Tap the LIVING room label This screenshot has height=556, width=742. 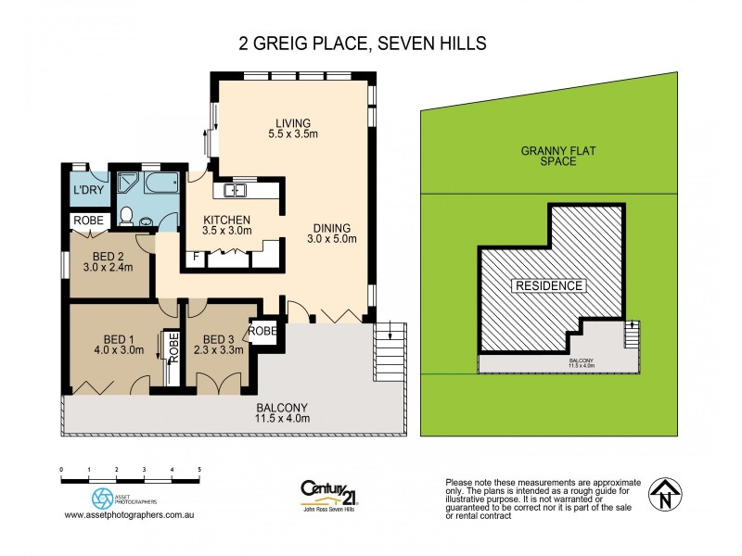coord(292,129)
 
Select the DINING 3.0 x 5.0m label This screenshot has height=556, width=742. coord(331,233)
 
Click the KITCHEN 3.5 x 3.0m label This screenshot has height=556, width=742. coord(228,225)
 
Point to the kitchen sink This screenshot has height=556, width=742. coord(233,191)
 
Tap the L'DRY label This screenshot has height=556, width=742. coord(87,192)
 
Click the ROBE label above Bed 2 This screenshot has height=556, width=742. coord(88,221)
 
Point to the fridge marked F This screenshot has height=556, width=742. coord(196,257)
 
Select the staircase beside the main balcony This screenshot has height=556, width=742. coord(390,352)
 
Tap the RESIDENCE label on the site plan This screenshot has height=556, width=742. coord(550,285)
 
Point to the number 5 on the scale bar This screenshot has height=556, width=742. coord(199,472)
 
